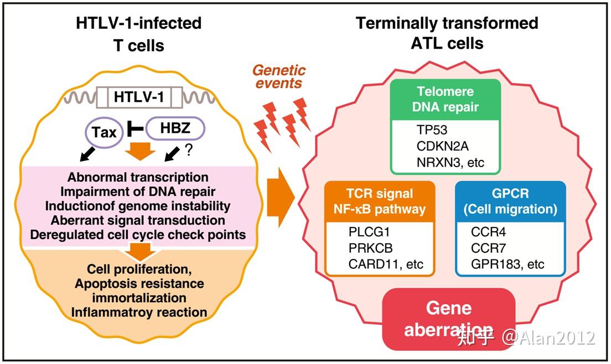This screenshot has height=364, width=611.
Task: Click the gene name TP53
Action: coord(433,130)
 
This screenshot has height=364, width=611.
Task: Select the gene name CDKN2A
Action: coord(442,147)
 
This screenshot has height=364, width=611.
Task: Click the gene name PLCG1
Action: coord(367,232)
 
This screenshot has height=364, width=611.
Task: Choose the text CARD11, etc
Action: coord(386,264)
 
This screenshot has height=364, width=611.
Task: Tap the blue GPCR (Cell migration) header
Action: coord(510,202)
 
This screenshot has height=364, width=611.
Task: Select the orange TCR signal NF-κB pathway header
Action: coord(380,202)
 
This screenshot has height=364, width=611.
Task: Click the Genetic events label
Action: coord(279,77)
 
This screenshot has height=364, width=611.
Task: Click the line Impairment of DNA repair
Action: coord(138,192)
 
